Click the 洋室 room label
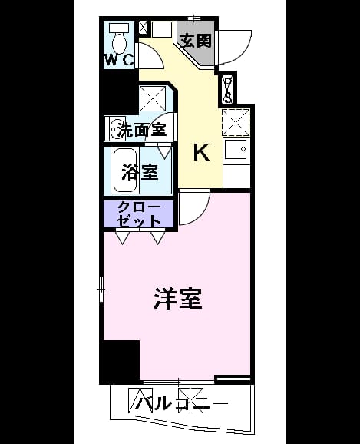(178, 299)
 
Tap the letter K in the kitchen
(202, 152)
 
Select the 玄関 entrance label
(196, 41)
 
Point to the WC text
(119, 59)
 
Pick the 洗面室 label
(142, 130)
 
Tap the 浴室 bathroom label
(140, 172)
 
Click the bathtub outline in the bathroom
(125, 171)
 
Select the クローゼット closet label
(139, 214)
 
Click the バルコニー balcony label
(183, 403)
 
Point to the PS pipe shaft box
(227, 90)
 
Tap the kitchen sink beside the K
(236, 149)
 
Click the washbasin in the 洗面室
(115, 129)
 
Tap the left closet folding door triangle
(123, 237)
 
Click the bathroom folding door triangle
(164, 152)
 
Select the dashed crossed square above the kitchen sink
(236, 122)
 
